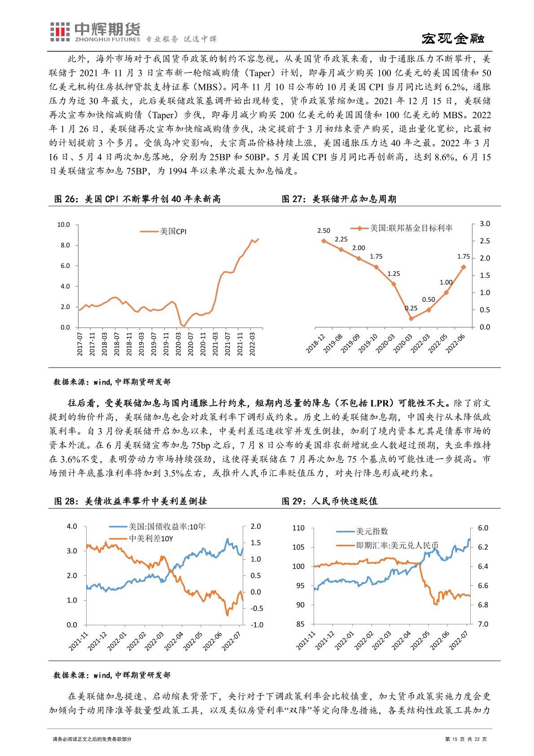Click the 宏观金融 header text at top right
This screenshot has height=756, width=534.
454,39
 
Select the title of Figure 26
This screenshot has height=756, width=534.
137,199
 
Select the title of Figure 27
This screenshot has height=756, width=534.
338,199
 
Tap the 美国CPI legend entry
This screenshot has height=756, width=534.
173,231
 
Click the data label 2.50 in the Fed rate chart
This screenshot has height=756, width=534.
323,230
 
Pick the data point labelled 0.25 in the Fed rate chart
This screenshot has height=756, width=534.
411,318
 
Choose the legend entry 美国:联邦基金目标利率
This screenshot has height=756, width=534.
411,228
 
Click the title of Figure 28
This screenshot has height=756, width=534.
130,501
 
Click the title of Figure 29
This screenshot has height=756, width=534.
329,501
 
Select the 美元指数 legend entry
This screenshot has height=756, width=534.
372,531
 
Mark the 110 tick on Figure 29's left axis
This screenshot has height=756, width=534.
298,528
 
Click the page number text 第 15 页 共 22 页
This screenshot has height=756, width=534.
465,739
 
